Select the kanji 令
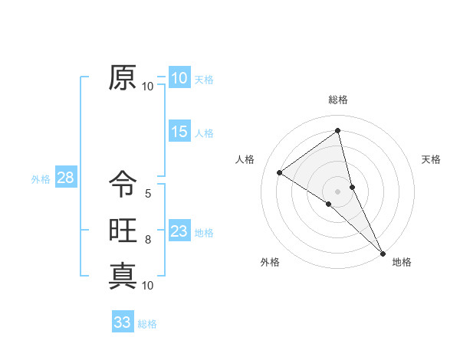(x=123, y=185)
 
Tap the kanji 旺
(x=123, y=231)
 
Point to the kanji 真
(x=123, y=276)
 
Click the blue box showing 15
(x=179, y=132)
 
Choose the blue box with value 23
(x=179, y=231)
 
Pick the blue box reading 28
(x=65, y=178)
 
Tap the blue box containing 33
(x=123, y=322)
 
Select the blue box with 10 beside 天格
(x=179, y=78)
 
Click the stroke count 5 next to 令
(x=148, y=195)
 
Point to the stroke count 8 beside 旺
(x=148, y=241)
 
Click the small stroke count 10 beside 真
(x=148, y=286)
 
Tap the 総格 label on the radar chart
(x=338, y=100)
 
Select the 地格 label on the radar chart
(x=402, y=263)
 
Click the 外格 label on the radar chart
(x=270, y=263)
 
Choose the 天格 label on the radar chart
(x=431, y=160)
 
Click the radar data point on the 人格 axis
(x=280, y=172)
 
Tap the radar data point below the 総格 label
(x=338, y=131)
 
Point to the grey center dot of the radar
(x=338, y=191)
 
